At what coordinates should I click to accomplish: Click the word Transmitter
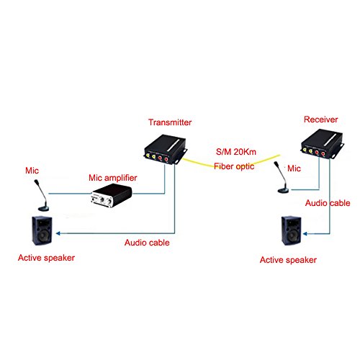click(168, 123)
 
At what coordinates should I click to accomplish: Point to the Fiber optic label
click(235, 166)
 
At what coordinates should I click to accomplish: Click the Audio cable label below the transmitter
click(147, 243)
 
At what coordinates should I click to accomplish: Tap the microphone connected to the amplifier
click(40, 198)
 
